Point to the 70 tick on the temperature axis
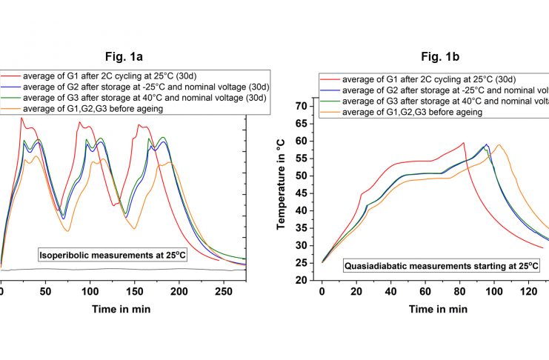pos(302,106)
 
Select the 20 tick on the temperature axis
pos(302,281)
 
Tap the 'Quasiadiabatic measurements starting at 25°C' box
pos(440,264)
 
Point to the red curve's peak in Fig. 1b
pos(464,143)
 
